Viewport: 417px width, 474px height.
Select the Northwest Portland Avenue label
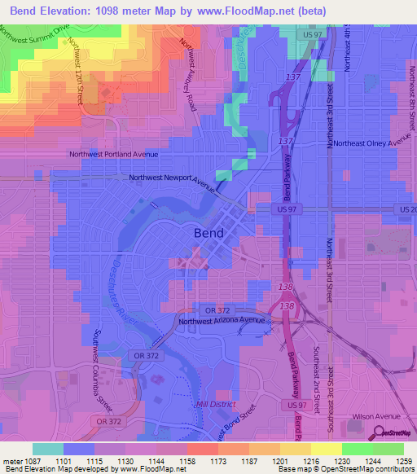tap(113, 153)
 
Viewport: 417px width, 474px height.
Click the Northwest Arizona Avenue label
tap(223, 321)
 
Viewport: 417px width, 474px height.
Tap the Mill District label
tap(213, 405)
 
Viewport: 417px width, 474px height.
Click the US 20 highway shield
tap(407, 209)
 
